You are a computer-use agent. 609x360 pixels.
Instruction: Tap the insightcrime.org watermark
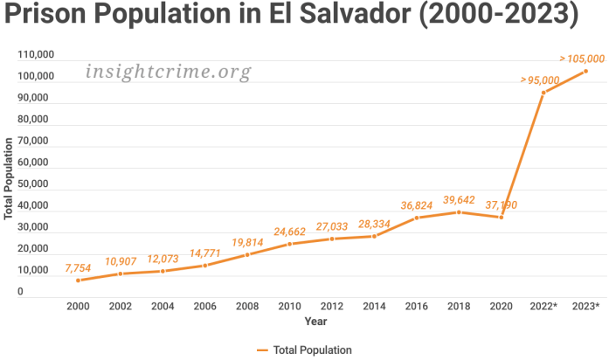169,72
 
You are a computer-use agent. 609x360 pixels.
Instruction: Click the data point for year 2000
78,280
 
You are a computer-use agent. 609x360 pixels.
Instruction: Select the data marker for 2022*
543,93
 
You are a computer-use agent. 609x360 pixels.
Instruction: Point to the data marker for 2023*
585,71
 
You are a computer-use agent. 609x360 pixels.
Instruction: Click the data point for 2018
459,211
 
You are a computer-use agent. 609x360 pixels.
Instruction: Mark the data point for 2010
289,244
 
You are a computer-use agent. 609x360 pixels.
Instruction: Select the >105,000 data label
582,58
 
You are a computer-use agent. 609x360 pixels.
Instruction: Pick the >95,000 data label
540,80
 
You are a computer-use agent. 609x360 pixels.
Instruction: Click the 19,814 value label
248,241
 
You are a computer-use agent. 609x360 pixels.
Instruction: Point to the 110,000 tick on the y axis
36,55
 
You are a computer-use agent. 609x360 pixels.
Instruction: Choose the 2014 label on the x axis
374,307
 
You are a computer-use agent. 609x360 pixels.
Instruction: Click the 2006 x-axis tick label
204,307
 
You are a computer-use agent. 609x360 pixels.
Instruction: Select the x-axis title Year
315,322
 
